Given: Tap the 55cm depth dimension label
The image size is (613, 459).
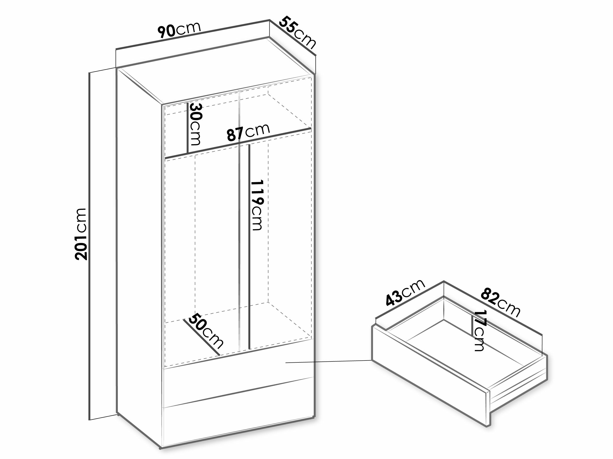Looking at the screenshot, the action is (297, 33).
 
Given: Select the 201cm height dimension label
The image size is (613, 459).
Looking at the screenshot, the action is (81, 234).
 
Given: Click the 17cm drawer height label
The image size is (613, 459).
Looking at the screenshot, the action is (479, 331).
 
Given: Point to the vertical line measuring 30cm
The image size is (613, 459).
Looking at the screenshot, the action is (188, 128).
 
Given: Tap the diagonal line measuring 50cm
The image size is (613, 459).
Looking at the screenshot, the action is (201, 338).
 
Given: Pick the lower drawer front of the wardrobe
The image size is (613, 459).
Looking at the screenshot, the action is (238, 416).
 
